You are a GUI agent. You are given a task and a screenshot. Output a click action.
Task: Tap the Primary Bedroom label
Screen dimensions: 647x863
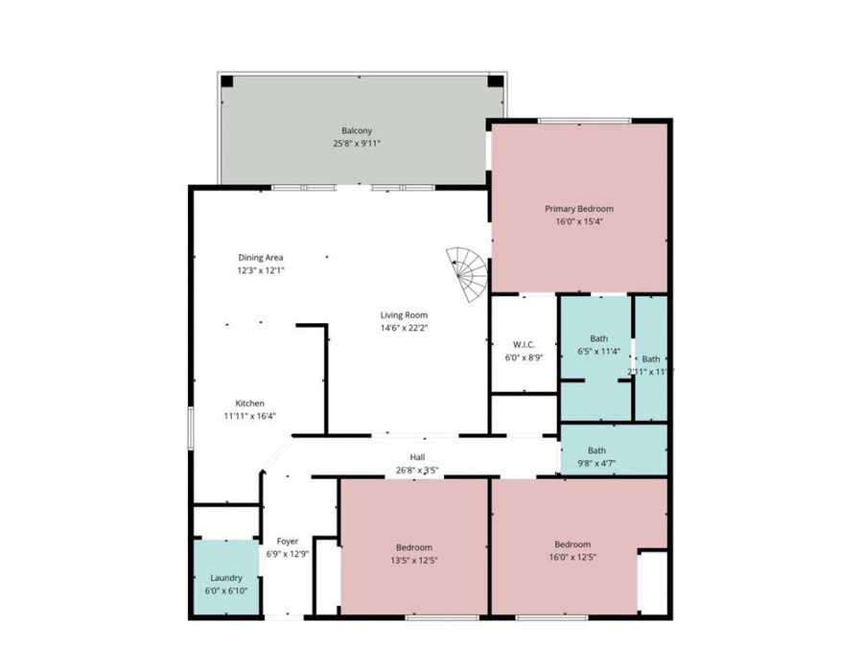(x=579, y=208)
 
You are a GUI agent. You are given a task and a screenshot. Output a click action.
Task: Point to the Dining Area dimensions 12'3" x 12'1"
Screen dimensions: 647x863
(x=261, y=270)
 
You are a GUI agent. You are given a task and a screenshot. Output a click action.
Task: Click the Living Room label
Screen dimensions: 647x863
(x=403, y=314)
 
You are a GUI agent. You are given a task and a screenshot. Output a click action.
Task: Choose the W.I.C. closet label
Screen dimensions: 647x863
(x=524, y=344)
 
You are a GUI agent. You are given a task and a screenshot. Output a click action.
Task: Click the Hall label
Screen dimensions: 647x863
(x=418, y=457)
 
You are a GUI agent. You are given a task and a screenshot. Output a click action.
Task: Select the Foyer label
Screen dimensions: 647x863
(x=288, y=541)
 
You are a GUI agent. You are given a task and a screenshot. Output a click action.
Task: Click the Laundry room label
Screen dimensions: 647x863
(x=227, y=578)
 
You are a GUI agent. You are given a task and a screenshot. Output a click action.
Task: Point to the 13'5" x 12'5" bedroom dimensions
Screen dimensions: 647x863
(x=414, y=560)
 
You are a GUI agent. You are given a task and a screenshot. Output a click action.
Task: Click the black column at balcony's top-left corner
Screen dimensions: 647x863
(x=227, y=81)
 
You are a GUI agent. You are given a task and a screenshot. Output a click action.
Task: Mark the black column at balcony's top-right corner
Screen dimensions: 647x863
(x=494, y=81)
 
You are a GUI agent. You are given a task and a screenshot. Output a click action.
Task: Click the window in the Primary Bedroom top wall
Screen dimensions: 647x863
(x=584, y=121)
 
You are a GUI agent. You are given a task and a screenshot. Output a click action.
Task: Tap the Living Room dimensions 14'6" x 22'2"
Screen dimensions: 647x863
(x=403, y=328)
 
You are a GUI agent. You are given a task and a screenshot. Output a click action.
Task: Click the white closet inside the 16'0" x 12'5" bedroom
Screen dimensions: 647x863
(x=653, y=581)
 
